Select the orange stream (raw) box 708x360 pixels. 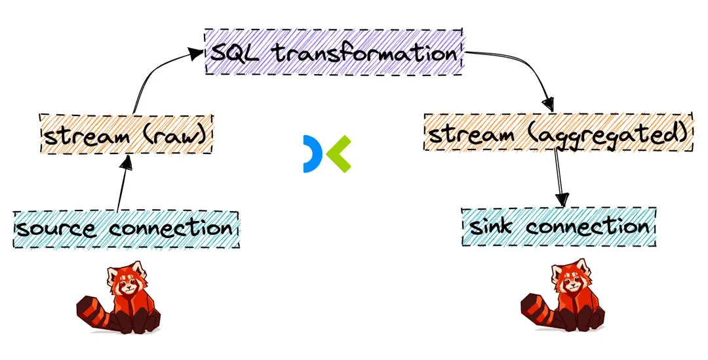click(x=127, y=135)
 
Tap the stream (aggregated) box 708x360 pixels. click(x=558, y=133)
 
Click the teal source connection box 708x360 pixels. click(x=126, y=230)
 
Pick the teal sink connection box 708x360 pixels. click(x=559, y=227)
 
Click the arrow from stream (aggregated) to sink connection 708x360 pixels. click(x=559, y=177)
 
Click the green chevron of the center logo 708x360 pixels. click(x=339, y=154)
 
